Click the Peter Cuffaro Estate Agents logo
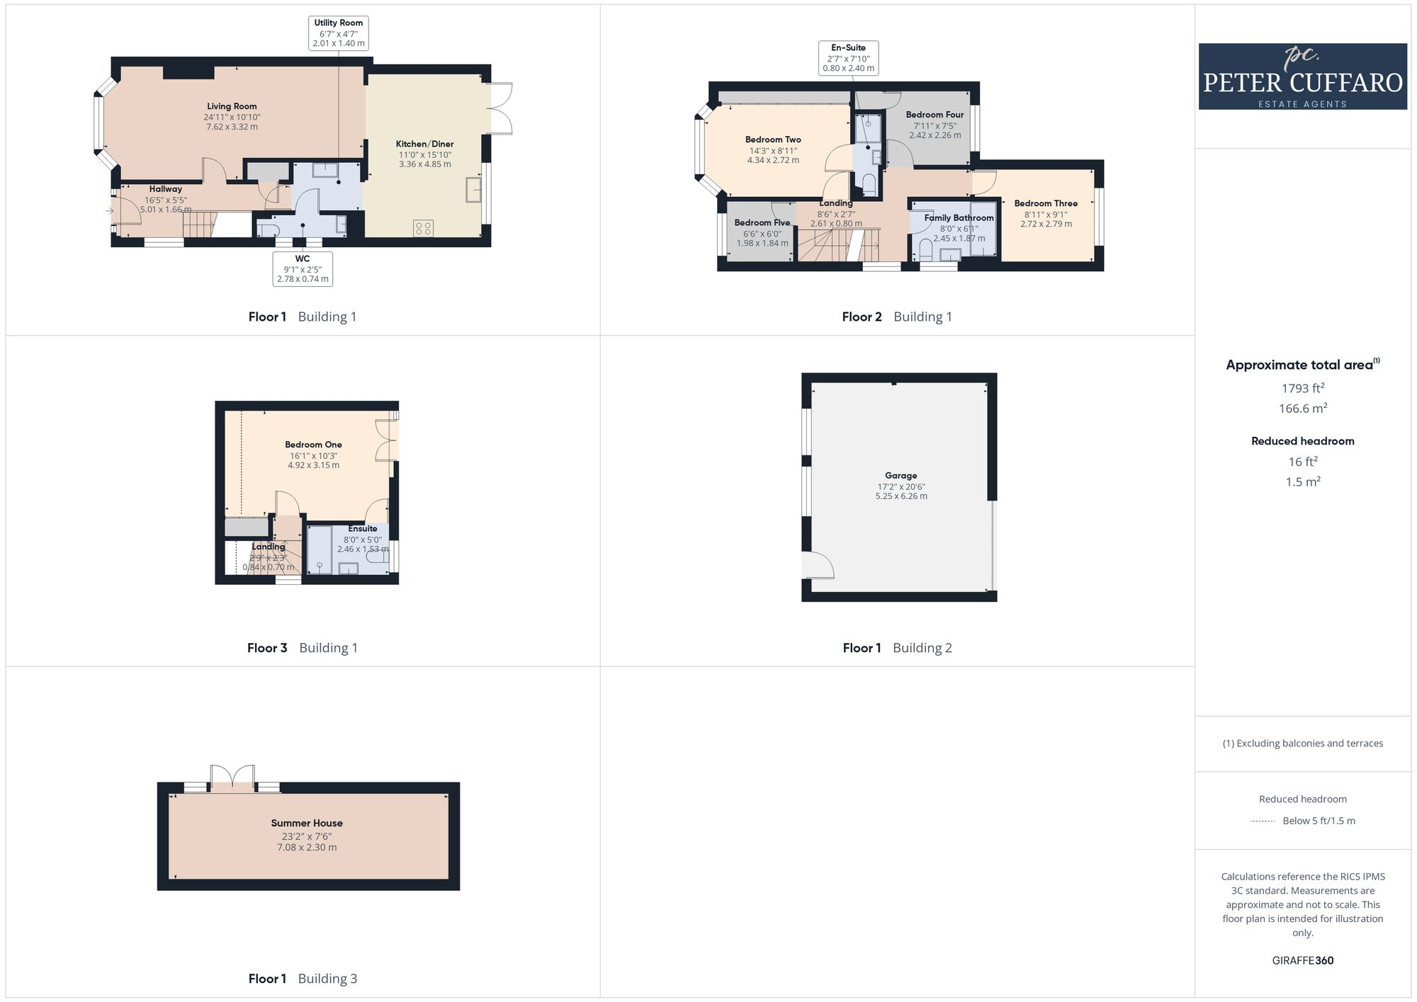1302,76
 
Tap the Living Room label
232,106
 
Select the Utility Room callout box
339,33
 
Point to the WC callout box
303,268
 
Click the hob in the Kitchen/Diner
424,228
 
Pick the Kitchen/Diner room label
424,144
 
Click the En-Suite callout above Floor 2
848,58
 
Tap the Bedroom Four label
935,115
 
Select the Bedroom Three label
1046,203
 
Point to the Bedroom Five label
762,222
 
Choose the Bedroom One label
313,445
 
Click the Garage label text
901,476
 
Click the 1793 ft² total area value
1302,388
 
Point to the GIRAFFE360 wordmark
1302,960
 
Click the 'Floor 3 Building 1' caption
302,647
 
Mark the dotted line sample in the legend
1263,821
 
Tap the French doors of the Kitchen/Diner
501,108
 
